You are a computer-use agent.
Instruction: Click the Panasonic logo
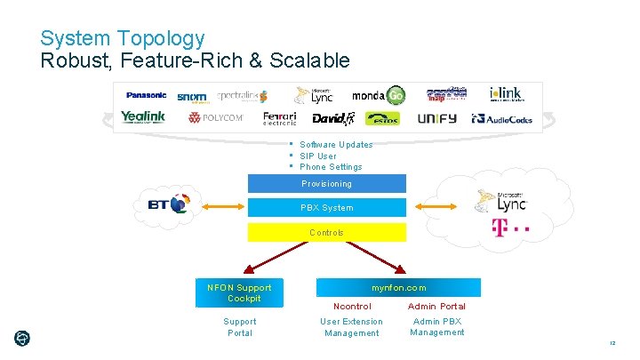pyautogui.click(x=146, y=95)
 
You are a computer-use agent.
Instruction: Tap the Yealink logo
pyautogui.click(x=143, y=117)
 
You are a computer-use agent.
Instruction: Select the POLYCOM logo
pyautogui.click(x=215, y=118)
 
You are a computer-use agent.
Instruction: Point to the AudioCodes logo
pyautogui.click(x=503, y=118)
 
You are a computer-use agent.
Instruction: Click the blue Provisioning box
pyautogui.click(x=326, y=184)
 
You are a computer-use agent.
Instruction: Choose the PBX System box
pyautogui.click(x=326, y=208)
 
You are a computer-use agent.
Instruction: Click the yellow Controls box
pyautogui.click(x=326, y=233)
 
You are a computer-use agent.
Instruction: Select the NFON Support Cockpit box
pyautogui.click(x=239, y=292)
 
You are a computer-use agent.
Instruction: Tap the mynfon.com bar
pyautogui.click(x=398, y=288)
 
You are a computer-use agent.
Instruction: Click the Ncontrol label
pyautogui.click(x=351, y=307)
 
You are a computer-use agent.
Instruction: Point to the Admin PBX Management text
pyautogui.click(x=436, y=327)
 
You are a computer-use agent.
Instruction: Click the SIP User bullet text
pyautogui.click(x=317, y=156)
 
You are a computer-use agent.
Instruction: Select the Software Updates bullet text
pyautogui.click(x=336, y=145)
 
